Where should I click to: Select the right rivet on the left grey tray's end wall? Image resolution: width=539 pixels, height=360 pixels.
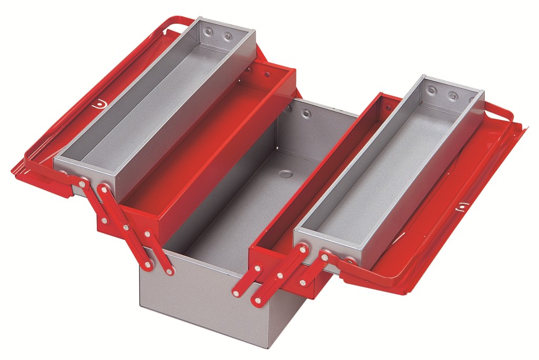(x=228, y=37)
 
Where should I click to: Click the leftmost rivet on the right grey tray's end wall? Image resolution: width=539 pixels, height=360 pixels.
(x=433, y=91)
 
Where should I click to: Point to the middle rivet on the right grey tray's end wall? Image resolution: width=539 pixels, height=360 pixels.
(x=452, y=96)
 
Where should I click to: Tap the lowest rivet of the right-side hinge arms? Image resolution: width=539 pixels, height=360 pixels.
(x=257, y=301)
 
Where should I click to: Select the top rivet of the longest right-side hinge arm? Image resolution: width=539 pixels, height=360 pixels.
(x=325, y=258)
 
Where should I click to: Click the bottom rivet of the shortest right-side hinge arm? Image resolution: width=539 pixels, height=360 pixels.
(x=303, y=283)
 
